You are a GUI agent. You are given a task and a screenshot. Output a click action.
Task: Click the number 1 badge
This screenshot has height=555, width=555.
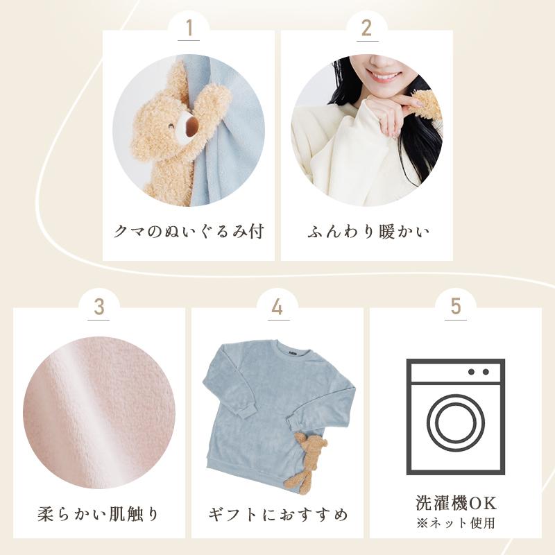tap(189, 28)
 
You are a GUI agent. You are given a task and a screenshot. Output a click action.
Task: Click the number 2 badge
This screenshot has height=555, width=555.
tap(366, 28)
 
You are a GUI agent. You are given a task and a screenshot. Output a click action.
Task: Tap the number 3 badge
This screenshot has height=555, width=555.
tap(99, 307)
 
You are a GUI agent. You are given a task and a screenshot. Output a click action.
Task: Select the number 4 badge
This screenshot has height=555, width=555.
tap(277, 307)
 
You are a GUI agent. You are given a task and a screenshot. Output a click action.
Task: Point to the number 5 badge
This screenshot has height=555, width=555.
tap(455, 307)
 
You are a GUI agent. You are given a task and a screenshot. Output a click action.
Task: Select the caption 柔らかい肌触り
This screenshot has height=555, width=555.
tap(99, 515)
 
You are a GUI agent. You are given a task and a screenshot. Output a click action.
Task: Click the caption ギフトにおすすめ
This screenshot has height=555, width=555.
tap(277, 515)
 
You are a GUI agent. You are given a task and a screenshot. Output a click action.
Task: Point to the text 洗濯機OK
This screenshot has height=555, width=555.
tap(456, 503)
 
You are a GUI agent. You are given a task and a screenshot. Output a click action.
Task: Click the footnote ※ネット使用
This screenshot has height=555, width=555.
tap(456, 523)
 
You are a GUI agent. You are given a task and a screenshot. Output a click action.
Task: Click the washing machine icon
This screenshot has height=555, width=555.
tap(456, 416)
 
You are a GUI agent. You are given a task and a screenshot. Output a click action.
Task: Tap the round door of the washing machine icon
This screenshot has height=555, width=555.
tap(456, 424)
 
